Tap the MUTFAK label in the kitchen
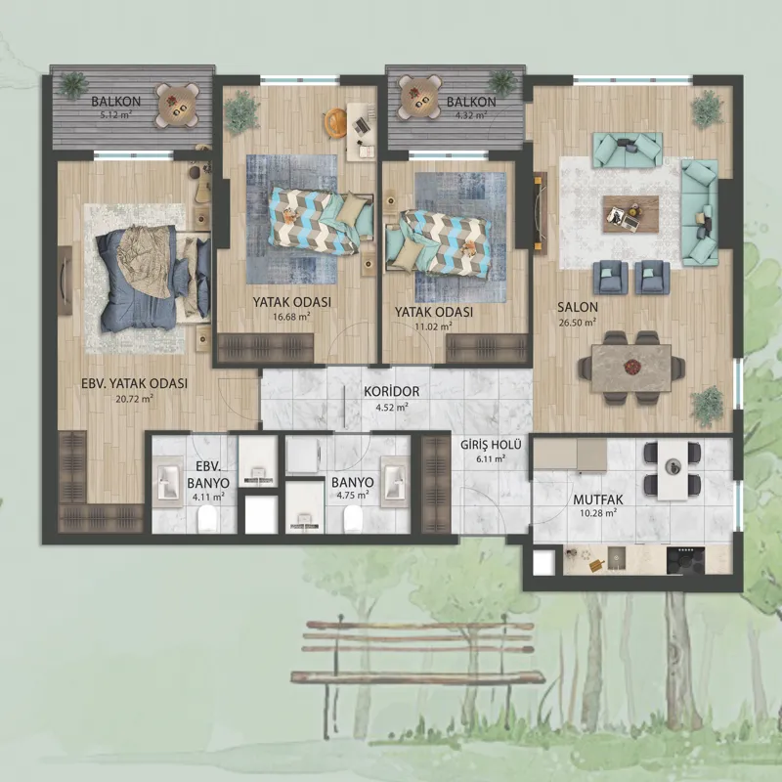point(598,500)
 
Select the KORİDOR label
point(392,391)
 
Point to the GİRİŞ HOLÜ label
point(491,445)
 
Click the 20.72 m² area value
point(133,399)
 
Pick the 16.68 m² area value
point(291,316)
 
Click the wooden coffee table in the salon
point(630,214)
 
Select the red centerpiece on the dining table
point(630,367)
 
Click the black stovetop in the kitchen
point(686,560)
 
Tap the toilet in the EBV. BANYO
point(207,519)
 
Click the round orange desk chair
point(333,122)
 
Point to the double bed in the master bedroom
point(152,276)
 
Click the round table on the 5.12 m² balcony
point(177,106)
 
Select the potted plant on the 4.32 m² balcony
point(502,82)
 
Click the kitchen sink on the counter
point(618,559)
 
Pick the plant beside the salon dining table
point(707,406)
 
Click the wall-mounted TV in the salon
point(540,211)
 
